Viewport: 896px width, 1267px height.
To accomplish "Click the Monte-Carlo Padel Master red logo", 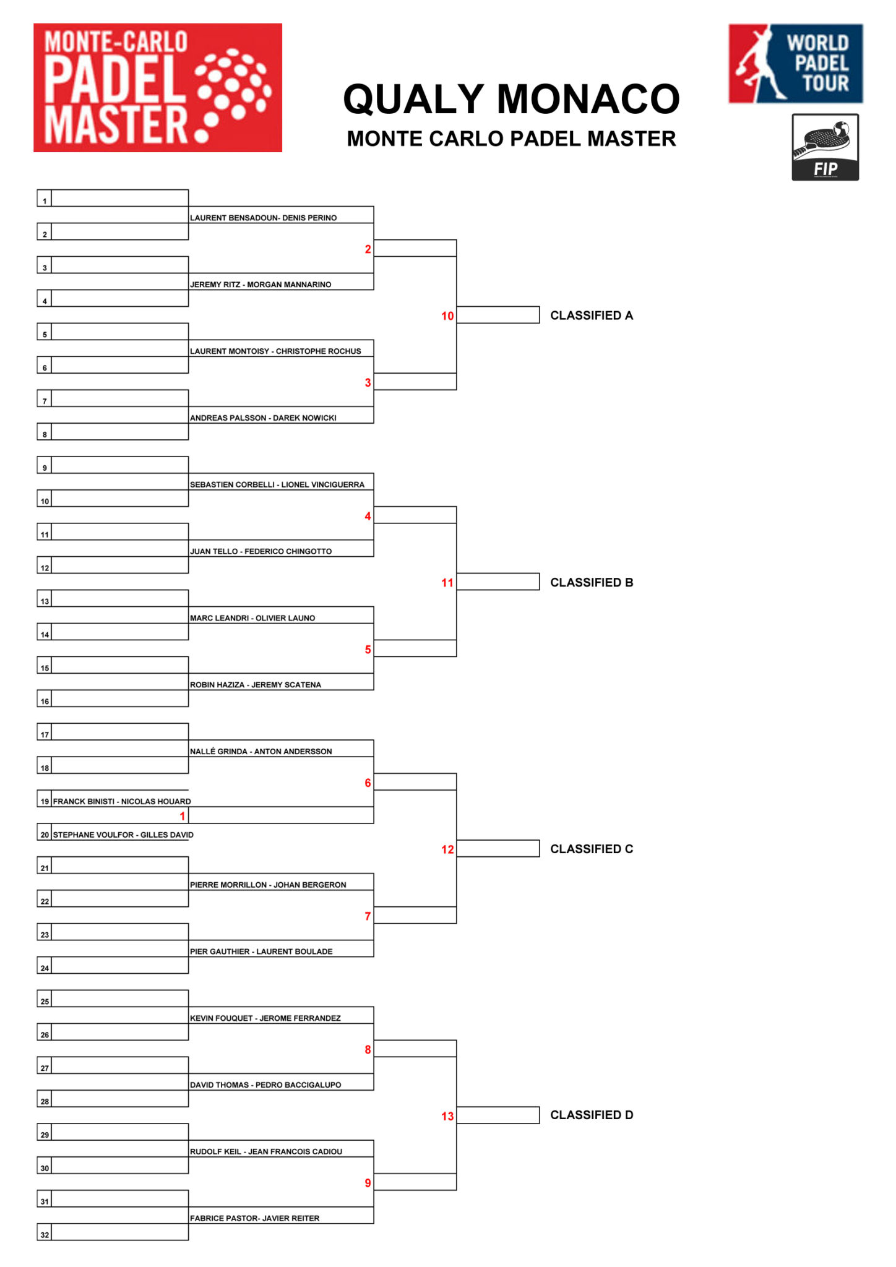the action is (x=158, y=87).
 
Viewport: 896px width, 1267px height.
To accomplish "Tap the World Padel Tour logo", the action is (x=796, y=63).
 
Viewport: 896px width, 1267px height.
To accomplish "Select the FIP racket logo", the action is (x=825, y=147).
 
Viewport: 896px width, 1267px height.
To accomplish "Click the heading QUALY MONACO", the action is (x=511, y=99).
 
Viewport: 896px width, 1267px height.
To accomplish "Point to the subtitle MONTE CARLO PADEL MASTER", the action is (x=511, y=139).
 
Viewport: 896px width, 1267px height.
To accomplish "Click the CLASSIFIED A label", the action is (x=592, y=316).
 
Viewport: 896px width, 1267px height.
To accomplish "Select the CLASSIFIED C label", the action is (x=592, y=849).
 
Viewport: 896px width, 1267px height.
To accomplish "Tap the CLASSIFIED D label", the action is (x=592, y=1115).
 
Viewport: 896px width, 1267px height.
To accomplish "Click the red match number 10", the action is (x=447, y=316).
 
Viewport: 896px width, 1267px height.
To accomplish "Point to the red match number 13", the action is (x=447, y=1116).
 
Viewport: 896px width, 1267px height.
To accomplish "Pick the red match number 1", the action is (x=183, y=816).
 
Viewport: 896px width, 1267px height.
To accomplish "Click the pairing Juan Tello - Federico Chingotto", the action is (x=261, y=551).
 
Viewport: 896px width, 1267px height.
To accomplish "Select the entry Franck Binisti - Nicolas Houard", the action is (x=122, y=801).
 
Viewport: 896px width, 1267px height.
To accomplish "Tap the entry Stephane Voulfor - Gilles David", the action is (x=123, y=835).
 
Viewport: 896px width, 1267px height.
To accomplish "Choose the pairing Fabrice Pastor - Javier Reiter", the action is (x=255, y=1218).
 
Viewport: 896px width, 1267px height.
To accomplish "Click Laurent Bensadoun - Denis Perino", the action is (x=264, y=218).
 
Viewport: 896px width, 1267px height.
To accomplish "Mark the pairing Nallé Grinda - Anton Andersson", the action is (x=261, y=751).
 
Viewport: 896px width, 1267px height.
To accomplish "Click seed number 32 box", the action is (x=45, y=1232).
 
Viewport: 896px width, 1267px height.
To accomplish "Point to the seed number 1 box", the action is (x=45, y=198).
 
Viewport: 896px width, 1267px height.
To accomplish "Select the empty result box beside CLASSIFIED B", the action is (x=498, y=582).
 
